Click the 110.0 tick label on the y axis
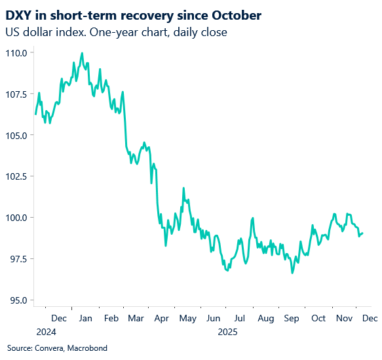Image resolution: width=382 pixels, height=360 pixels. tap(16, 52)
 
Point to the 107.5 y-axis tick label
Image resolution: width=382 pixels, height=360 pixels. tap(16, 94)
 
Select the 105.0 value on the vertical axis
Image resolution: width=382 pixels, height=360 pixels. tap(16, 135)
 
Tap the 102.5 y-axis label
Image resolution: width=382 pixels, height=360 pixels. tap(16, 176)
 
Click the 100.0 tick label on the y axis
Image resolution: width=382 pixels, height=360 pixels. tap(16, 218)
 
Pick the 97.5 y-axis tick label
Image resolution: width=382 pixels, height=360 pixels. tap(18, 259)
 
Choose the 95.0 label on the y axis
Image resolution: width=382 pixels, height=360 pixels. tap(18, 300)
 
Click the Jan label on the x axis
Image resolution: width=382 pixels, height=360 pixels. tap(85, 318)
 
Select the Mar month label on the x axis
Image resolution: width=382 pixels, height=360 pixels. tap(136, 318)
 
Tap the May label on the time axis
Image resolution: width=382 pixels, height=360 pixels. tap(187, 318)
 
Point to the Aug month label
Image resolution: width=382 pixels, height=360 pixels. tap(266, 318)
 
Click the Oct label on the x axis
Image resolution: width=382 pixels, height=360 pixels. tap(318, 318)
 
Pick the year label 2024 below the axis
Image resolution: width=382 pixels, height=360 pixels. tap(46, 332)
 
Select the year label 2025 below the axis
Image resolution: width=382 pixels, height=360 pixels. tap(228, 332)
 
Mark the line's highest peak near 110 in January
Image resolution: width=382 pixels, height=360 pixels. tap(82, 53)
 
